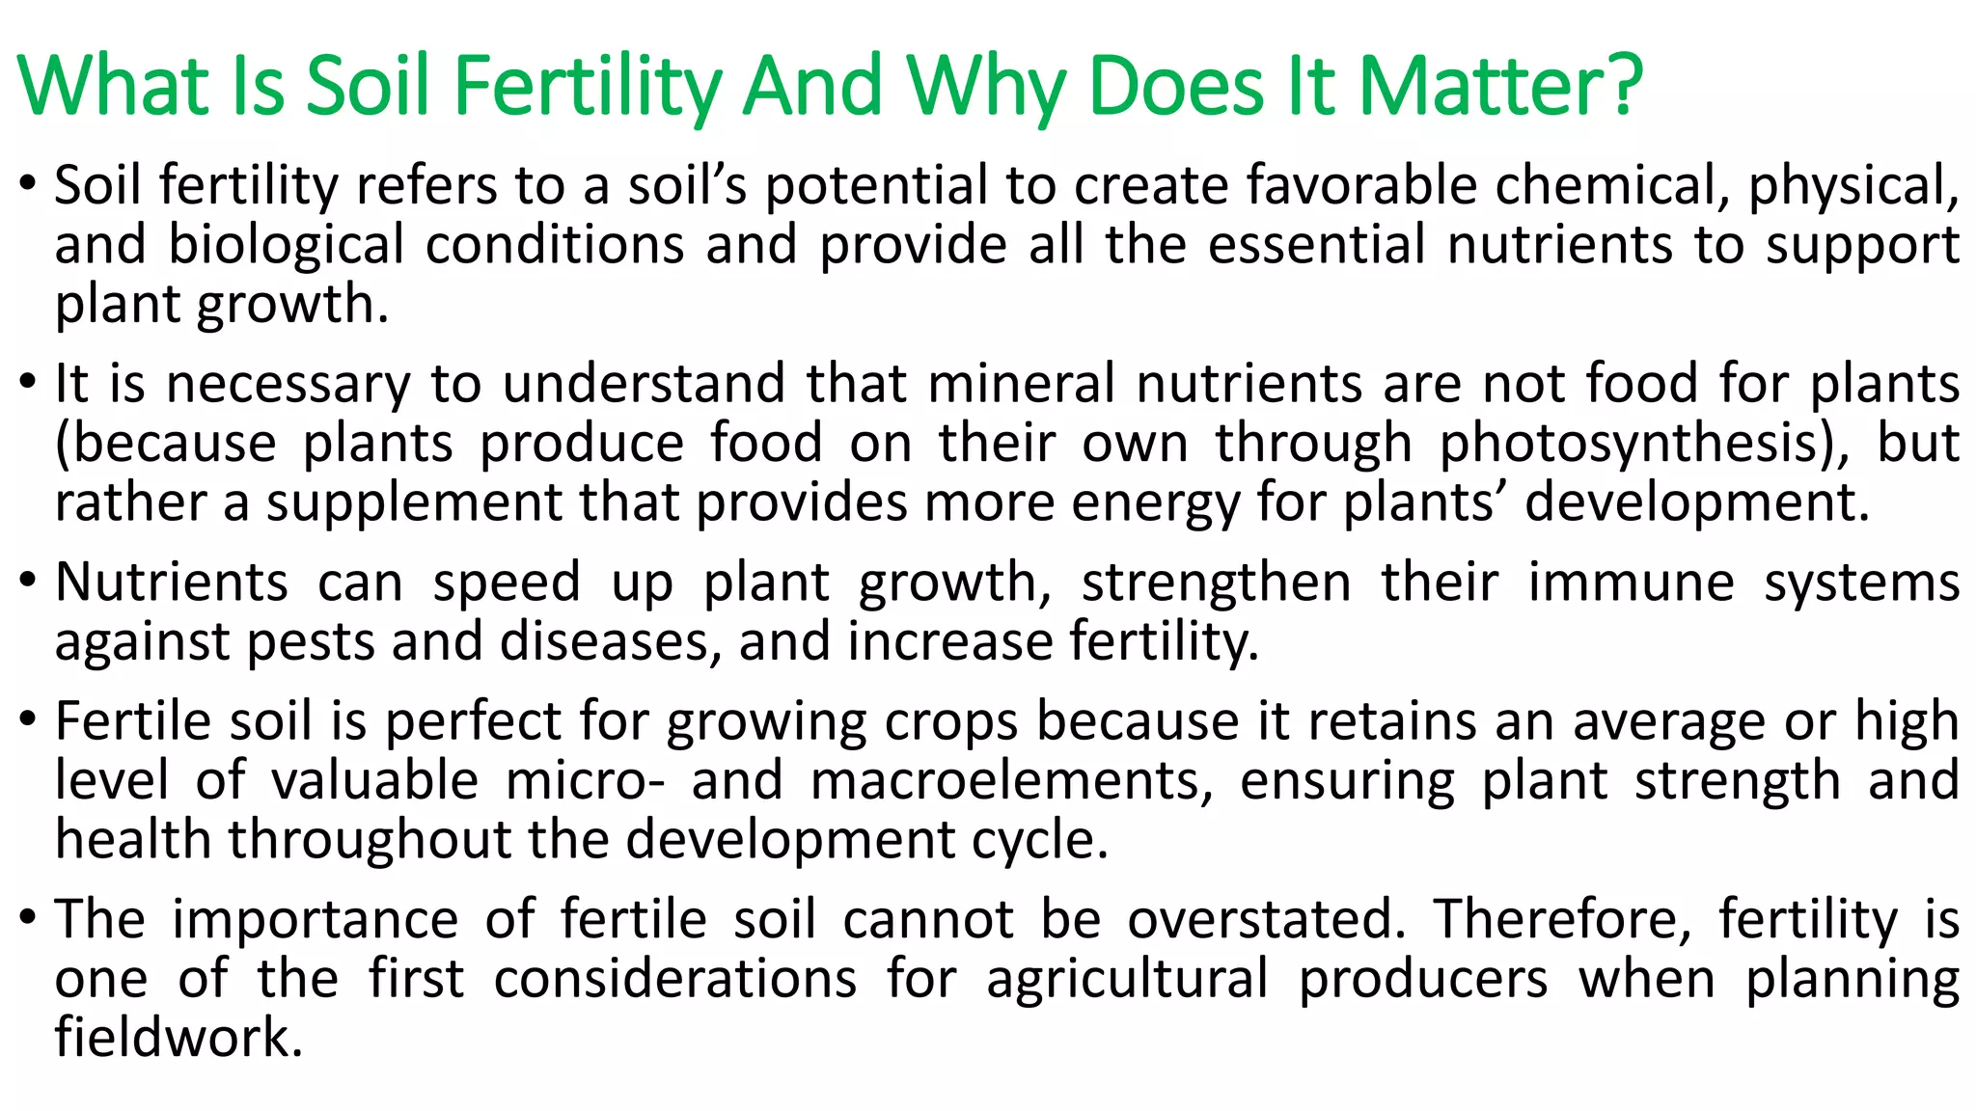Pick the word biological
coord(287,245)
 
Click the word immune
coord(1632,583)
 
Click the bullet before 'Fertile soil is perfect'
coord(28,720)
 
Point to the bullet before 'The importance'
coord(28,918)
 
